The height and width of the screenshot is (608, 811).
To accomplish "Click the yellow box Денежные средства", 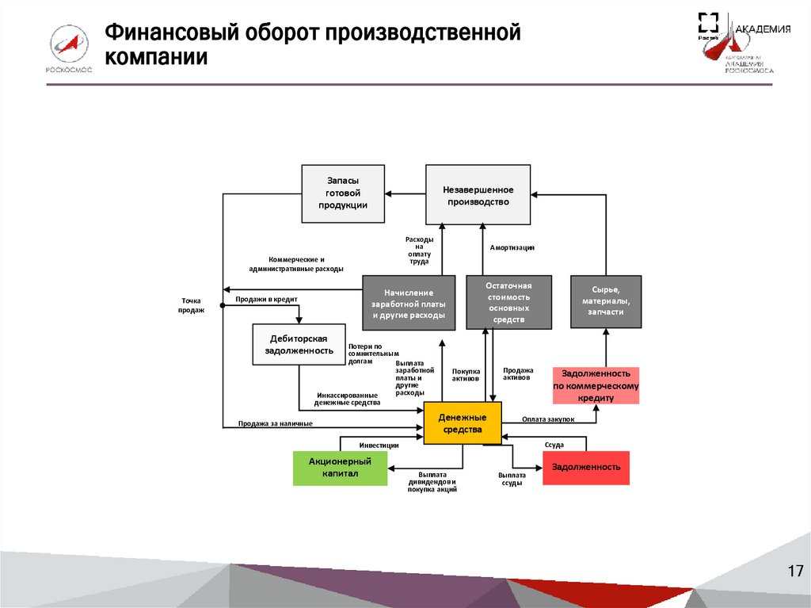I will [463, 423].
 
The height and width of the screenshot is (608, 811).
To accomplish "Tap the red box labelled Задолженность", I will [586, 468].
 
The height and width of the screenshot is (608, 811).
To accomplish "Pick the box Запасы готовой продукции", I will [343, 193].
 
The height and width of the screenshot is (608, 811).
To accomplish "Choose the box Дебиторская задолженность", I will [299, 344].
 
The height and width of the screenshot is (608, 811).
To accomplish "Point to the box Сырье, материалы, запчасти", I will [606, 301].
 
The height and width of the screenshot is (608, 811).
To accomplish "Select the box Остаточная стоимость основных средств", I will [508, 302].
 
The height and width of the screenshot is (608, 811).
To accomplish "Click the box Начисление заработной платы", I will [409, 302].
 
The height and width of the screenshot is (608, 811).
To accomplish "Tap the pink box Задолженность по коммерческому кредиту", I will [596, 385].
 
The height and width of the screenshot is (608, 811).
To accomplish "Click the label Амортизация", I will [512, 247].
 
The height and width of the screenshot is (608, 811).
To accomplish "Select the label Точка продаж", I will [193, 305].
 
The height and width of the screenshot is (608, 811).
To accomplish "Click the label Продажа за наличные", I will [276, 423].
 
